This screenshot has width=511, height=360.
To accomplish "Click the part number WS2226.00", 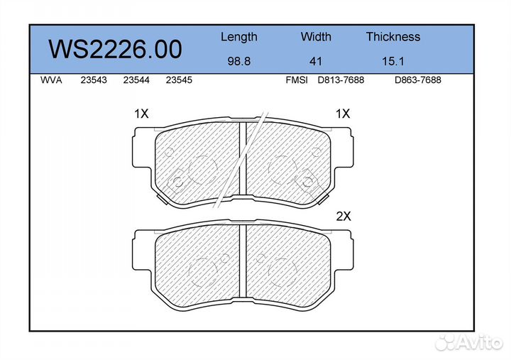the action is pos(116,49).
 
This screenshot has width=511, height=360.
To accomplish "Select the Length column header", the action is pos(239,37).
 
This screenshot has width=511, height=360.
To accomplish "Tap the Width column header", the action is pos(316,36).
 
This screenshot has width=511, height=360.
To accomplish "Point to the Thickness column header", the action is pos(393,36).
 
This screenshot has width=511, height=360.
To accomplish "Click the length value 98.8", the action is pos(239,61).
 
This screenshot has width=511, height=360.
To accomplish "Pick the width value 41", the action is pos(315,61).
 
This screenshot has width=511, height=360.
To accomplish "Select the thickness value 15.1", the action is pos(393,61).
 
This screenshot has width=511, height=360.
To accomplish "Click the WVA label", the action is pos(51,80).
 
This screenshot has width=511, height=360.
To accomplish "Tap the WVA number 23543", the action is pos(94,80).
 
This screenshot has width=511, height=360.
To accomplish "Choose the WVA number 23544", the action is pos(136,80).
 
